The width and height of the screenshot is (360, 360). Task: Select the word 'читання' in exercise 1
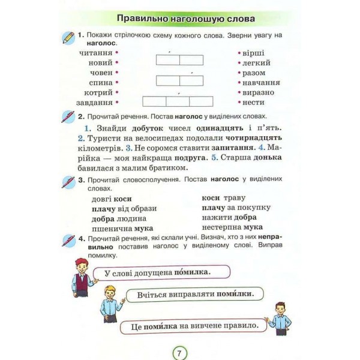point(95,53)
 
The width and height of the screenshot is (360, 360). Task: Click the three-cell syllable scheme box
point(178,101)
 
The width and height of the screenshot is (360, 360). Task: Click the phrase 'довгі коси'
point(112,198)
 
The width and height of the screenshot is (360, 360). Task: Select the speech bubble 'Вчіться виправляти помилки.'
point(194,294)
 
